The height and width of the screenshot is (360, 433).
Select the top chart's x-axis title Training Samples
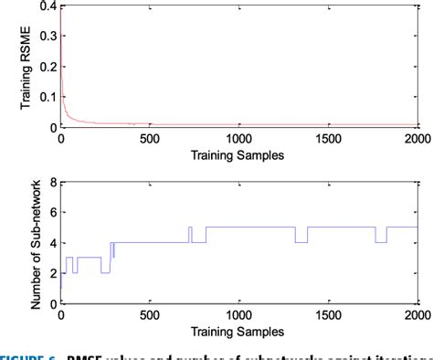(238, 155)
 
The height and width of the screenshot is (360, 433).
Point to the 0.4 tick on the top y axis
(48, 6)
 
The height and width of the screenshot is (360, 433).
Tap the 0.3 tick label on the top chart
(48, 37)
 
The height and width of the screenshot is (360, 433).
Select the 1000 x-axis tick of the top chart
(238, 138)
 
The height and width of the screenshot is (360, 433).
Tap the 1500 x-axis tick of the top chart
(328, 138)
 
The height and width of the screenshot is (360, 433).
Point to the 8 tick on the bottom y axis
(52, 182)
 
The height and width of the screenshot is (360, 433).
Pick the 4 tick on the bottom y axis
(52, 242)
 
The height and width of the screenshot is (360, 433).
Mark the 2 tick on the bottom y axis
(52, 272)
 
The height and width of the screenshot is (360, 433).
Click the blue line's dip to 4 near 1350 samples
(301, 241)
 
